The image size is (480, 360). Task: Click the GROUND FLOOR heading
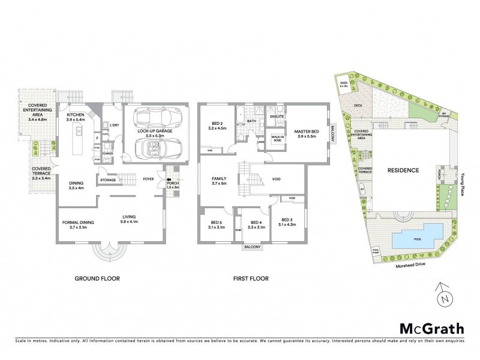tap(97, 278)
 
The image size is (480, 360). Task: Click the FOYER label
tap(146, 179)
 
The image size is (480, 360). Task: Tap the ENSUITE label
tap(277, 115)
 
